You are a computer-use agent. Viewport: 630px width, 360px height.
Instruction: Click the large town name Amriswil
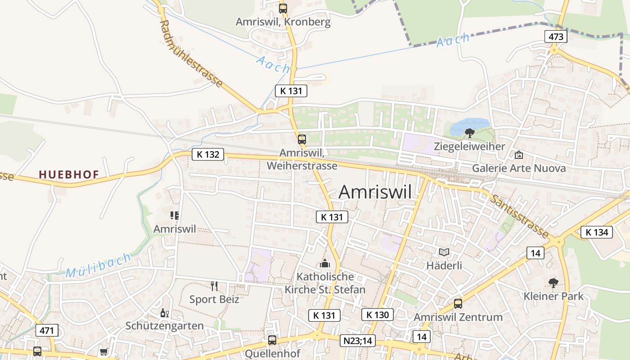click(374, 192)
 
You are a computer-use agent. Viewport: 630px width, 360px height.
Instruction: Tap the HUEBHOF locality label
click(69, 174)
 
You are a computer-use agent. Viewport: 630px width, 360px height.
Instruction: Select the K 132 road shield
click(208, 154)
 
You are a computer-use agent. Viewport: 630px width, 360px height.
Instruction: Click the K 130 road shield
click(377, 315)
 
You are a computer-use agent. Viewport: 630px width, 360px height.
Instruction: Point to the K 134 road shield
click(597, 232)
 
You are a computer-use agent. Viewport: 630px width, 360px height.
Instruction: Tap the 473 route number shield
click(556, 36)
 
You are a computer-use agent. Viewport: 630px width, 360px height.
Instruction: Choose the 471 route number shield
click(47, 331)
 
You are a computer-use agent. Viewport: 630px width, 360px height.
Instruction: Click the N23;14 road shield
click(357, 341)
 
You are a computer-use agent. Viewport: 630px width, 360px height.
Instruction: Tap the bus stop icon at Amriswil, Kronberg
click(283, 8)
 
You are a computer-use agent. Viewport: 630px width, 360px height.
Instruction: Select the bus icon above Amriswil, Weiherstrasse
click(301, 139)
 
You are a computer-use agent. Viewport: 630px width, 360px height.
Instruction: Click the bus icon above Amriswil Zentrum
click(458, 304)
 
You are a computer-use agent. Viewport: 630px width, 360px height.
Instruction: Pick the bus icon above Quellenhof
click(272, 340)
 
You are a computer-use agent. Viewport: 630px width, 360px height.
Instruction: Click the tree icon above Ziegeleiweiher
click(469, 133)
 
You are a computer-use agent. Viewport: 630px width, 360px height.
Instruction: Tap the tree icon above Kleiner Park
click(553, 283)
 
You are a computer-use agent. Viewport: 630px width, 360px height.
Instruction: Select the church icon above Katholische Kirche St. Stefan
click(325, 263)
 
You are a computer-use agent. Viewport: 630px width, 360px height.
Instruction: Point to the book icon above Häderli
click(444, 252)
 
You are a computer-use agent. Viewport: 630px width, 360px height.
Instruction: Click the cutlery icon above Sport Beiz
click(214, 286)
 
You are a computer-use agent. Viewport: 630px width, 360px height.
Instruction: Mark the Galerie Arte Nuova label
click(518, 168)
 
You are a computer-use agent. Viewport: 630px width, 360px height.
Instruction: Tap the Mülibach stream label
click(99, 265)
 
